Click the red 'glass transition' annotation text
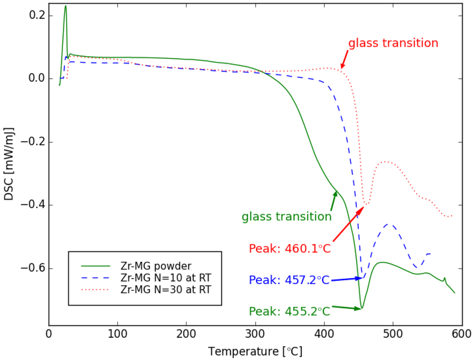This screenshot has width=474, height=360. pyautogui.click(x=393, y=44)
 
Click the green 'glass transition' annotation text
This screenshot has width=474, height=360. pyautogui.click(x=287, y=217)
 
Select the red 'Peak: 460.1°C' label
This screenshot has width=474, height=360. pyautogui.click(x=290, y=249)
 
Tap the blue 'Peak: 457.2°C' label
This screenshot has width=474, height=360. pyautogui.click(x=289, y=280)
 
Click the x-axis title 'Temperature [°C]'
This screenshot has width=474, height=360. pyautogui.click(x=255, y=351)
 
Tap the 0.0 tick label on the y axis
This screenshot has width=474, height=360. pyautogui.click(x=36, y=79)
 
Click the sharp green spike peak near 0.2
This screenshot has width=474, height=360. pyautogui.click(x=66, y=6)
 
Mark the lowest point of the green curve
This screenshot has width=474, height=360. pyautogui.click(x=362, y=308)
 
